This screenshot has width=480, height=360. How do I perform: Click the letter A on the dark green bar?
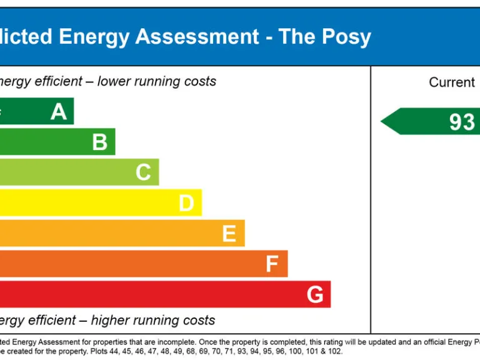(59, 112)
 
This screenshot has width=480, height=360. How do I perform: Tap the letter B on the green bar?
(100, 142)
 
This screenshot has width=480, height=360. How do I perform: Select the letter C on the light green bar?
(143, 172)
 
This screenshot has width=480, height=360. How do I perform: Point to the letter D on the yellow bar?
(186, 203)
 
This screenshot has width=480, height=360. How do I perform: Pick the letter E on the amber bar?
(229, 234)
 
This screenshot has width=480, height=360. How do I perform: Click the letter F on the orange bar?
(272, 264)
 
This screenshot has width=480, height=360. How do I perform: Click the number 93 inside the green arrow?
(462, 122)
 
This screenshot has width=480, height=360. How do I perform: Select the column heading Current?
(452, 82)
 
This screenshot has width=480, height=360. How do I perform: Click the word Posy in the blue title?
(346, 37)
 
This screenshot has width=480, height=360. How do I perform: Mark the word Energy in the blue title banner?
(94, 37)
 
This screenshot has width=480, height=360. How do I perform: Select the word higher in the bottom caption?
(112, 321)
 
